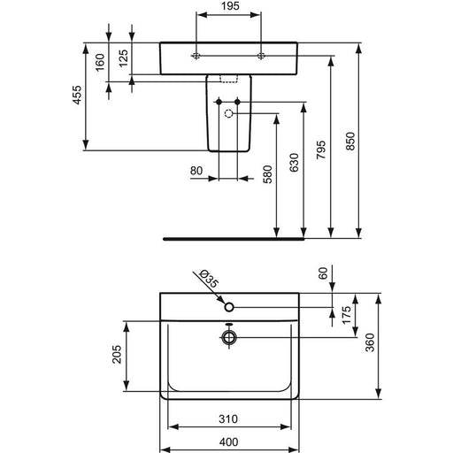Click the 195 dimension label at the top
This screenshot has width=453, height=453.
coord(230,6)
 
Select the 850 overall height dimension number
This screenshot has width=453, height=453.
coord(350,142)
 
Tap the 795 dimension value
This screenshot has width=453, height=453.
coord(321,150)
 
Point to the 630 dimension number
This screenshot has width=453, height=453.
coord(294,163)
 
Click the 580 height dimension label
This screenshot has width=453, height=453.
coord(267,174)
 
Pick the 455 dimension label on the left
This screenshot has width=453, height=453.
coord(77,95)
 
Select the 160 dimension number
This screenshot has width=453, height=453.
coord(100,62)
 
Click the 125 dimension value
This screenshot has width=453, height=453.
coord(124,58)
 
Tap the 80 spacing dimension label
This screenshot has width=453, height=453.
coord(196,171)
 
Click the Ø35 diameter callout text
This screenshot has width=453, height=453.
coord(209,279)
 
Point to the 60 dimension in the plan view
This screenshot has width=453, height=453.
coord(324,273)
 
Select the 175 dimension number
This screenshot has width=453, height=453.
coord(347,315)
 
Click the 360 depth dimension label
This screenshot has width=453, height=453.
coord(370,342)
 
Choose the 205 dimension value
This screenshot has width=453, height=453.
coord(117,354)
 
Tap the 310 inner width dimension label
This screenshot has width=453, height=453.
coord(228,418)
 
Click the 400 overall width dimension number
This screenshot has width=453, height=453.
coord(229,441)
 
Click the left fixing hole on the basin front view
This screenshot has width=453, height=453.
coord(196,56)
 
